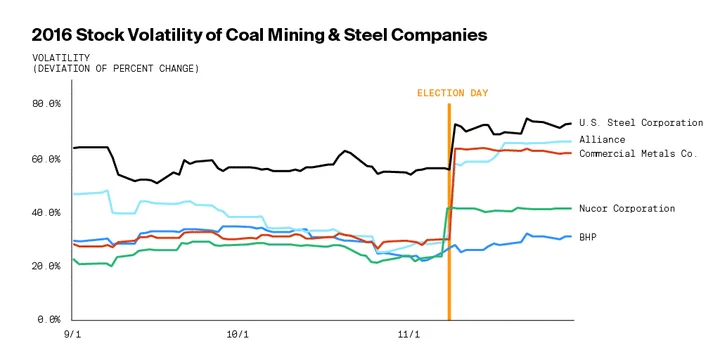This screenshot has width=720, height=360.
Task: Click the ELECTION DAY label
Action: (452, 93)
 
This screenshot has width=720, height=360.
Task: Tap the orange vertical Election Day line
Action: (449, 212)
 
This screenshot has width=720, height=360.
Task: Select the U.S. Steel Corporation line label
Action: (641, 123)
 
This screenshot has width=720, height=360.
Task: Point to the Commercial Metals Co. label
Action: (638, 153)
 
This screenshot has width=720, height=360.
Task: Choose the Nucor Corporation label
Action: (627, 208)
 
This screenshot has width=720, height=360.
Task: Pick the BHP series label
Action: (588, 237)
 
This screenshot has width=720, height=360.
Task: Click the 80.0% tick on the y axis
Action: (46, 104)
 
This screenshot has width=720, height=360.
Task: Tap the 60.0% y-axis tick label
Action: (46, 159)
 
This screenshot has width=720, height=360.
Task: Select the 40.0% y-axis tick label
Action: (46, 213)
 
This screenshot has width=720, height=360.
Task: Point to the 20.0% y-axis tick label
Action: (46, 266)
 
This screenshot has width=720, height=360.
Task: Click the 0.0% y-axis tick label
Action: (49, 319)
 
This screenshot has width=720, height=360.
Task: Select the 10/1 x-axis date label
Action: (238, 334)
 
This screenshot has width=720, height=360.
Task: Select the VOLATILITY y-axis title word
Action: (61, 58)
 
